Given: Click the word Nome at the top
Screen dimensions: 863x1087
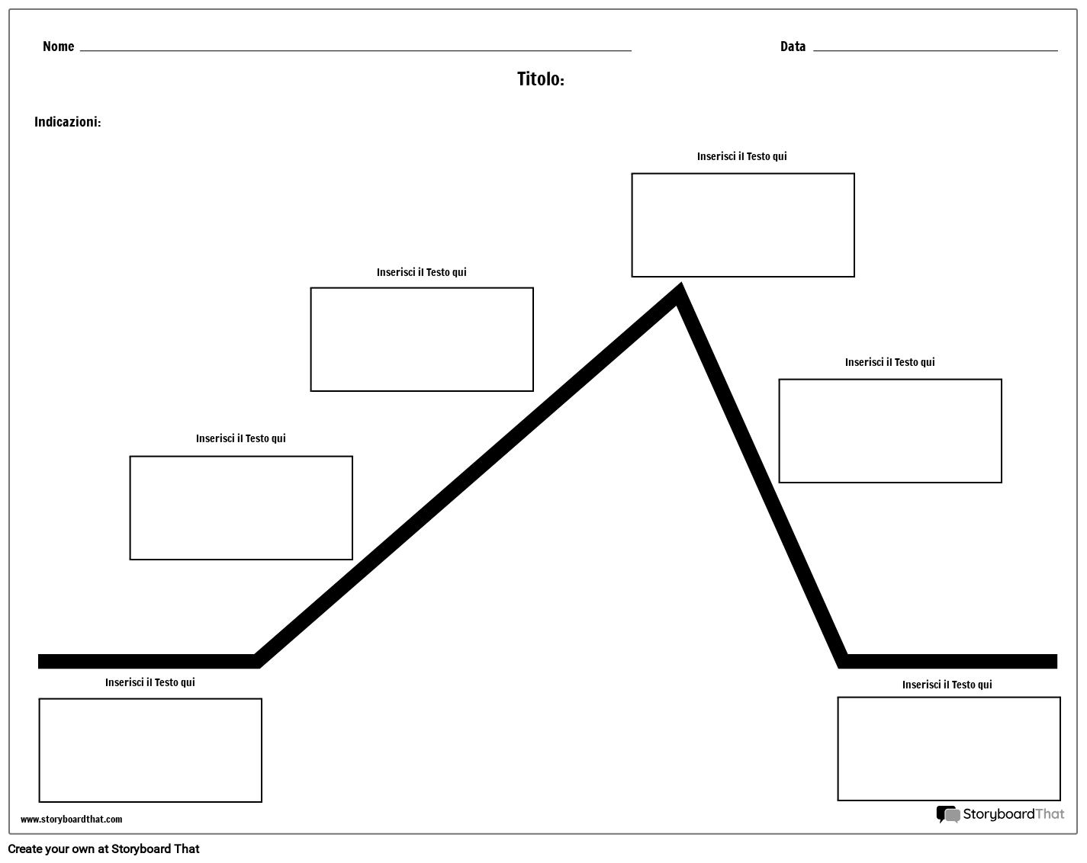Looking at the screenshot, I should tap(58, 47).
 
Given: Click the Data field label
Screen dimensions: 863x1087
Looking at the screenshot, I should tap(793, 47).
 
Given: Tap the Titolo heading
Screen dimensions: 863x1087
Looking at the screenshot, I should tap(540, 79).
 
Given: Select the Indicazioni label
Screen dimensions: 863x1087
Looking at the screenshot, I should tap(67, 122).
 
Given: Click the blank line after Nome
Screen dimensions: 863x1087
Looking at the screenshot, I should tap(355, 49).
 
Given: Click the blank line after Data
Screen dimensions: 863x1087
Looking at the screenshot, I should tap(935, 49).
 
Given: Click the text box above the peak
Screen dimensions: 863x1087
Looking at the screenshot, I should tap(742, 225).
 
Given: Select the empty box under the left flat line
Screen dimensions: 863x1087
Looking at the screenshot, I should tap(150, 750).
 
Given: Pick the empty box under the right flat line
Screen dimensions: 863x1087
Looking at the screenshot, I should tap(948, 749).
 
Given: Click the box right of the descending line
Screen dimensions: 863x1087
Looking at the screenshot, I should tap(889, 431).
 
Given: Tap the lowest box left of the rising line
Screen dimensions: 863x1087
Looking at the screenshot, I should tap(241, 508).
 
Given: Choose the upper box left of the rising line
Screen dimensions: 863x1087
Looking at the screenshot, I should tap(422, 339).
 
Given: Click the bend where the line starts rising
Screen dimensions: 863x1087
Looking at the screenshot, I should tap(258, 660).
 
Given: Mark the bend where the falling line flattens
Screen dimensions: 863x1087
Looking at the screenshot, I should tap(844, 660).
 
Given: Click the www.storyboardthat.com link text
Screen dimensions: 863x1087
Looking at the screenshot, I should tap(71, 820).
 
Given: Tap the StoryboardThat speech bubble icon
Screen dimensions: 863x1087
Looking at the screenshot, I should tap(947, 815).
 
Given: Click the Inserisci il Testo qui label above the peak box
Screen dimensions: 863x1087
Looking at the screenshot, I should tap(741, 156).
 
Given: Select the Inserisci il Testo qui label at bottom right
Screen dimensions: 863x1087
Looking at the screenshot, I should tap(947, 685).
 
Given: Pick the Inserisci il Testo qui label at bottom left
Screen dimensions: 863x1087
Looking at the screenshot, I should tap(150, 682).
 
